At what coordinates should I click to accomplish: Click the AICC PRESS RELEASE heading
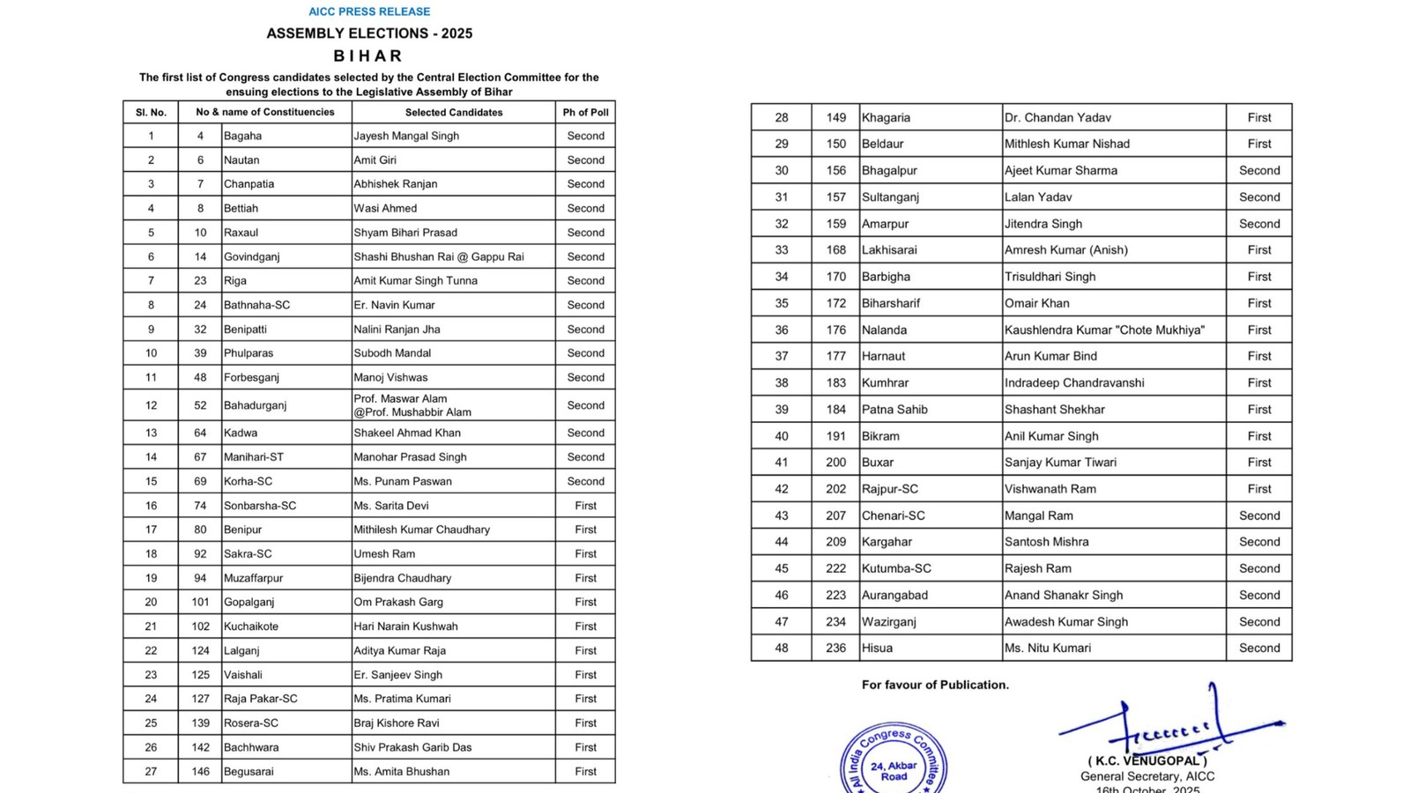pos(369,11)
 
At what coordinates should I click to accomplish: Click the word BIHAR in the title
pos(368,56)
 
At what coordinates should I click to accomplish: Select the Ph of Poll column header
pos(585,112)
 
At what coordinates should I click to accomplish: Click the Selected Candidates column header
pos(453,112)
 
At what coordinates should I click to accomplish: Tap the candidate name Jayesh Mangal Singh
pos(406,136)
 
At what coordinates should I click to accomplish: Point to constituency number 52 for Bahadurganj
pos(200,405)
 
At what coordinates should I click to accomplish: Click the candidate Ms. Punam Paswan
pos(403,481)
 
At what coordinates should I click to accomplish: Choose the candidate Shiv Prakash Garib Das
pos(412,747)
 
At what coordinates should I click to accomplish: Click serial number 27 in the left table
pos(151,771)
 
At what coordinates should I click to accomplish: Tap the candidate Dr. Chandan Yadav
pos(1057,117)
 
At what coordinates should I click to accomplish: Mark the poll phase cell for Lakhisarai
pos(1258,249)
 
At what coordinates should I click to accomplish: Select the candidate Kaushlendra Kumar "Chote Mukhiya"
pos(1104,330)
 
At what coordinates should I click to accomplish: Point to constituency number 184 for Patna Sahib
pos(835,409)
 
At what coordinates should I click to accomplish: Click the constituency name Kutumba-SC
pos(896,568)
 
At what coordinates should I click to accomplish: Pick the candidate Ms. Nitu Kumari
pos(1047,648)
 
